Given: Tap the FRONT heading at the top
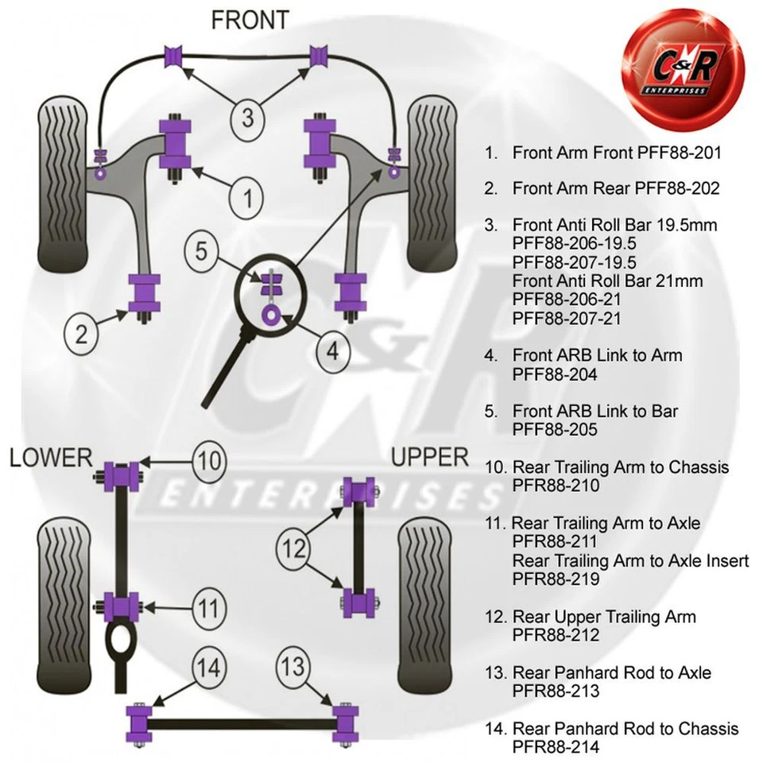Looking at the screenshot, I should click(x=250, y=20).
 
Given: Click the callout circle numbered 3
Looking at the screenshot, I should click(x=248, y=118).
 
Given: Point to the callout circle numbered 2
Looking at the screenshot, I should click(x=82, y=333).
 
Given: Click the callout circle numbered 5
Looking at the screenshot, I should click(x=202, y=253).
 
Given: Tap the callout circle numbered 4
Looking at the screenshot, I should click(x=331, y=350).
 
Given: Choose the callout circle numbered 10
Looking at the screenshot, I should click(x=208, y=461).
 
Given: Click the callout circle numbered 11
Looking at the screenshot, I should click(x=208, y=610).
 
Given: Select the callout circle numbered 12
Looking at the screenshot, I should click(x=293, y=548).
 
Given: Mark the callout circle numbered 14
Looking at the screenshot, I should click(x=208, y=668).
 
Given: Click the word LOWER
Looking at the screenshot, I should click(x=51, y=458).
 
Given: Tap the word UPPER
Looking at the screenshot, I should click(x=429, y=457).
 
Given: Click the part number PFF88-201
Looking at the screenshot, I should click(x=680, y=152).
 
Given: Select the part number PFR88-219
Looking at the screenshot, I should click(x=556, y=579).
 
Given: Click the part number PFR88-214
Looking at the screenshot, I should click(x=556, y=747).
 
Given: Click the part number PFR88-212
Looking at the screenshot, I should click(x=556, y=635).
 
